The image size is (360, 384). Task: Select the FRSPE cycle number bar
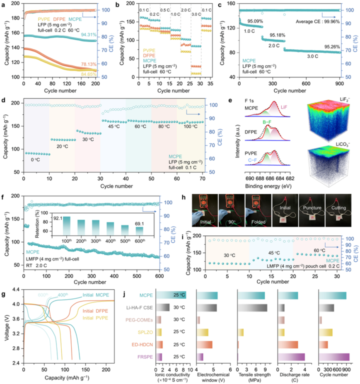click(334, 357)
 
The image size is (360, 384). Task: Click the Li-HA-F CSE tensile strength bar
click(252, 307)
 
